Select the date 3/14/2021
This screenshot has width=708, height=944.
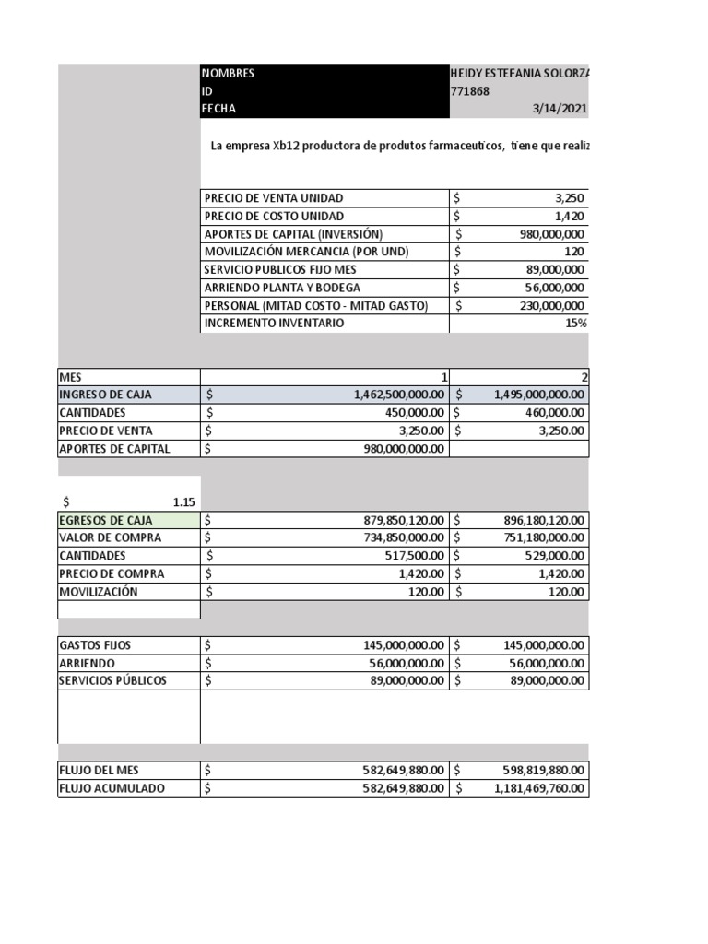pos(560,109)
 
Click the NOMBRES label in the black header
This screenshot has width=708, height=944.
pos(229,74)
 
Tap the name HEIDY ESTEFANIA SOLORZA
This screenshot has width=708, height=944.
pos(518,74)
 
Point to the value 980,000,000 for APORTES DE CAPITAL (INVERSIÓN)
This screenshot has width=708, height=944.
pos(551,234)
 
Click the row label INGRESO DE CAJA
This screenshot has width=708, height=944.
pos(105,395)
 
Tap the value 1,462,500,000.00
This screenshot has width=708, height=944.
pos(399,395)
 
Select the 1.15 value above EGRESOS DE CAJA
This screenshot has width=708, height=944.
pos(184,502)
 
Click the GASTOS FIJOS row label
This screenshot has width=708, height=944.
pos(95,645)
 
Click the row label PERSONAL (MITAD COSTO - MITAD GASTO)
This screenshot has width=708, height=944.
pos(315,306)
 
